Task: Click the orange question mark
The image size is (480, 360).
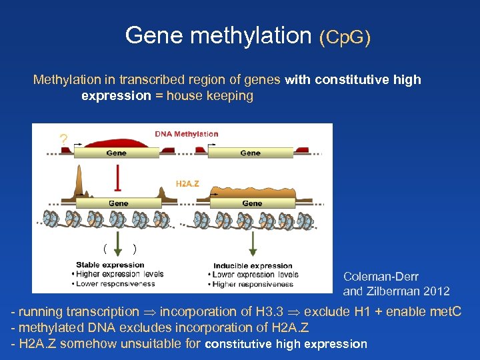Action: [63, 140]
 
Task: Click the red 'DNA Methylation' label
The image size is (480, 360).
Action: [187, 134]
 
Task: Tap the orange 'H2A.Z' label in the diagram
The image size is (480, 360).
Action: [187, 183]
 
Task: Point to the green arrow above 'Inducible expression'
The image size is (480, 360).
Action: [253, 243]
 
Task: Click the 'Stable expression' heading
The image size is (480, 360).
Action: [110, 265]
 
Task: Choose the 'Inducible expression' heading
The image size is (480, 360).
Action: [253, 265]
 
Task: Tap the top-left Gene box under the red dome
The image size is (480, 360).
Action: [116, 153]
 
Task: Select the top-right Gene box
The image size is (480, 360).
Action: [251, 153]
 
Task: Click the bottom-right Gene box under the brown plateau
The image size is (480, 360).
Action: [252, 203]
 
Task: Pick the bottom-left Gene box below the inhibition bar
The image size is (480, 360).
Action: [119, 203]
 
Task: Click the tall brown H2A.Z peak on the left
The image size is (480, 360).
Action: [79, 179]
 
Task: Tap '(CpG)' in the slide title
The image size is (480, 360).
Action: [345, 37]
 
